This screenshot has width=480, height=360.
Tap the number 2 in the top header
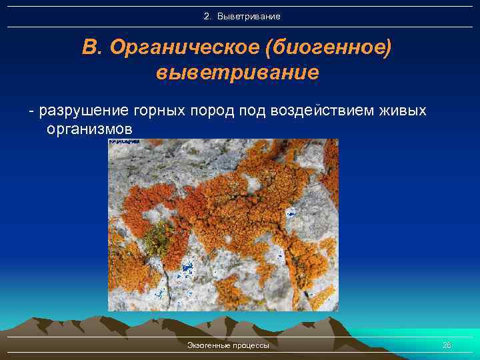[x=207, y=16]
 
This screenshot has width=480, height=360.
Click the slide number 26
[x=447, y=345]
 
